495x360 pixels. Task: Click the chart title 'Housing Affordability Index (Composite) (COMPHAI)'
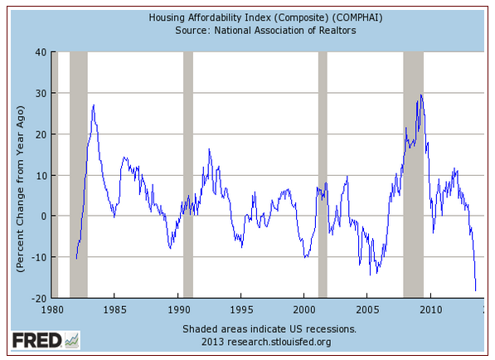coord(265,17)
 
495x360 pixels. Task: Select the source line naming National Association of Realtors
coord(265,31)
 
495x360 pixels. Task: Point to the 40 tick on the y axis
coord(41,52)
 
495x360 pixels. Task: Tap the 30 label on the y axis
coord(41,93)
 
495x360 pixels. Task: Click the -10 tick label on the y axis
coord(38,257)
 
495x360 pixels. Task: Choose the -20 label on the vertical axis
coord(38,298)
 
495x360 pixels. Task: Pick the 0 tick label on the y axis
coord(44,216)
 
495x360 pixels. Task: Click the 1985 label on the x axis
coord(114,309)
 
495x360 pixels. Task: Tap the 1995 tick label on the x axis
coord(241,309)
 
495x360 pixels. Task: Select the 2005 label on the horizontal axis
coord(367,309)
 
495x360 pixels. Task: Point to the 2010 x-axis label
coord(430,309)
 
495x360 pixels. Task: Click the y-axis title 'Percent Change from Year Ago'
coord(20,188)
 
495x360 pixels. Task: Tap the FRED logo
coord(46,340)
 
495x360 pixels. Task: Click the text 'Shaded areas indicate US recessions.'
coord(269,329)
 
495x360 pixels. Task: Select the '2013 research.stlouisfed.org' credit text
coord(266,342)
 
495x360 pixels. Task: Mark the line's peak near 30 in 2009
coord(421,95)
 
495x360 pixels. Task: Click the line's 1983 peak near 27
coord(94,105)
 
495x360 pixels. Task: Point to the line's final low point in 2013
coord(475,290)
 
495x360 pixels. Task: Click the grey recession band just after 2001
coord(323,175)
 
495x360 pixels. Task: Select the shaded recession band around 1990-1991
coord(188,175)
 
